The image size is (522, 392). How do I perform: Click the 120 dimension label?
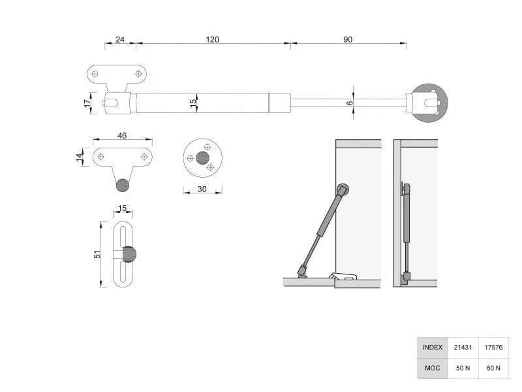[213, 40]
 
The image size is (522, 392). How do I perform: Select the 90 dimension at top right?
[348, 40]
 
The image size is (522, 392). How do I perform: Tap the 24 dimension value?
[120, 40]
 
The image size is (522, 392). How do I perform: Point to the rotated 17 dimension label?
[87, 103]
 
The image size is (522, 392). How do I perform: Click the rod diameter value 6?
[350, 103]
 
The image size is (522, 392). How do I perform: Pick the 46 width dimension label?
[122, 136]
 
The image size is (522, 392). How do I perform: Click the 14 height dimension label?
[79, 157]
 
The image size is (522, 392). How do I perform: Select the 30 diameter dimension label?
[202, 189]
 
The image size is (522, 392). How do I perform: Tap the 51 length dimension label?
[97, 254]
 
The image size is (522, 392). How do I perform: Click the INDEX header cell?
[433, 348]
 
